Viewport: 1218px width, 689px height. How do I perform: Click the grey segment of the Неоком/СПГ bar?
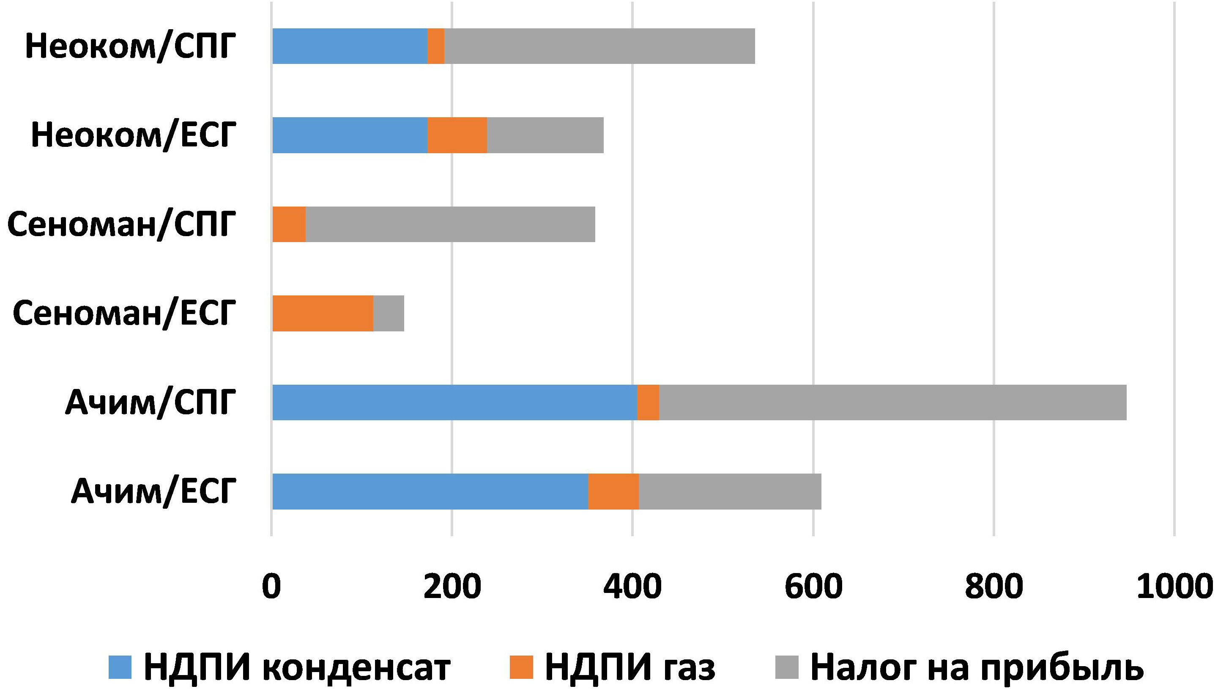coord(599,46)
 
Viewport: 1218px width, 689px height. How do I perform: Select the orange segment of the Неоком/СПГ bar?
coord(435,46)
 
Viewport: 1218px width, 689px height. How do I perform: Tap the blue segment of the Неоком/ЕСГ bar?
coord(350,135)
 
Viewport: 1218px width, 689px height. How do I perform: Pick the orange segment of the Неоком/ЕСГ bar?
coord(457,135)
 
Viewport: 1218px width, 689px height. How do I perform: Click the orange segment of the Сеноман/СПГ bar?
coord(289,224)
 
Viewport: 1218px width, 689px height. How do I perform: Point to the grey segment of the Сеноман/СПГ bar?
coord(450,224)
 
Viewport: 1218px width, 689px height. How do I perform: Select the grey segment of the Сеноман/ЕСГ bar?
coord(389,313)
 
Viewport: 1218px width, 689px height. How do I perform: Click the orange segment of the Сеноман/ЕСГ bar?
coord(323,313)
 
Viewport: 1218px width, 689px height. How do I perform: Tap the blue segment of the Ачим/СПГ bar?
coord(455,402)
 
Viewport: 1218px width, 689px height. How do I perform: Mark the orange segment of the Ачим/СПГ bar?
coord(648,402)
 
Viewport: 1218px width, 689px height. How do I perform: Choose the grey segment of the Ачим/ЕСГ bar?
coord(730,491)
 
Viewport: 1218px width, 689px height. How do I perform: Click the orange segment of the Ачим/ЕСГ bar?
coord(613,491)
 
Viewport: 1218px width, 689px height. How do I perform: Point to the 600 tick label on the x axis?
coord(813,586)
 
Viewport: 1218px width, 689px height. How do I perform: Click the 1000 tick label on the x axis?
coord(1174,586)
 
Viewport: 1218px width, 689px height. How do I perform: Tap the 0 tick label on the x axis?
coord(271,586)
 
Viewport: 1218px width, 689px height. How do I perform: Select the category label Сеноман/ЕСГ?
coord(124,313)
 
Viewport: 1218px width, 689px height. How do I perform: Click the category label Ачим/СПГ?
coord(151,402)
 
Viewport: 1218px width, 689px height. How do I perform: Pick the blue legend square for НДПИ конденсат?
coord(120,667)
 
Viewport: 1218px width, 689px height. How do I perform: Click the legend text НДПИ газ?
coord(630,667)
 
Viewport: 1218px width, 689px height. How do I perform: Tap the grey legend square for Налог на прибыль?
coord(787,667)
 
